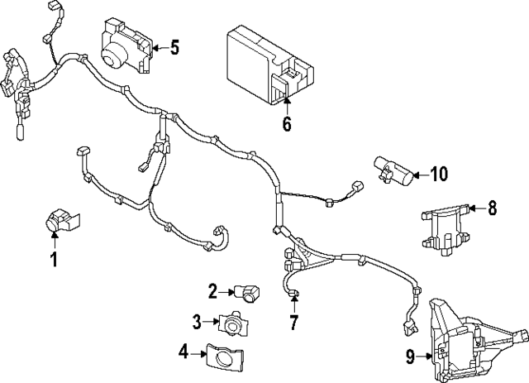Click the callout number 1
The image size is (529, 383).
coord(55,261)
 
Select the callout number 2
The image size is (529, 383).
coord(212,290)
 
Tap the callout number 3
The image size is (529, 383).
coord(198,321)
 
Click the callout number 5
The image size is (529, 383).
coord(174,47)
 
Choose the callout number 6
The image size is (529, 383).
coord(287,125)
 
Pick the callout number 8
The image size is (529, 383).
coord(493,208)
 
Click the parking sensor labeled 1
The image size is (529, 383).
coord(60,219)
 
